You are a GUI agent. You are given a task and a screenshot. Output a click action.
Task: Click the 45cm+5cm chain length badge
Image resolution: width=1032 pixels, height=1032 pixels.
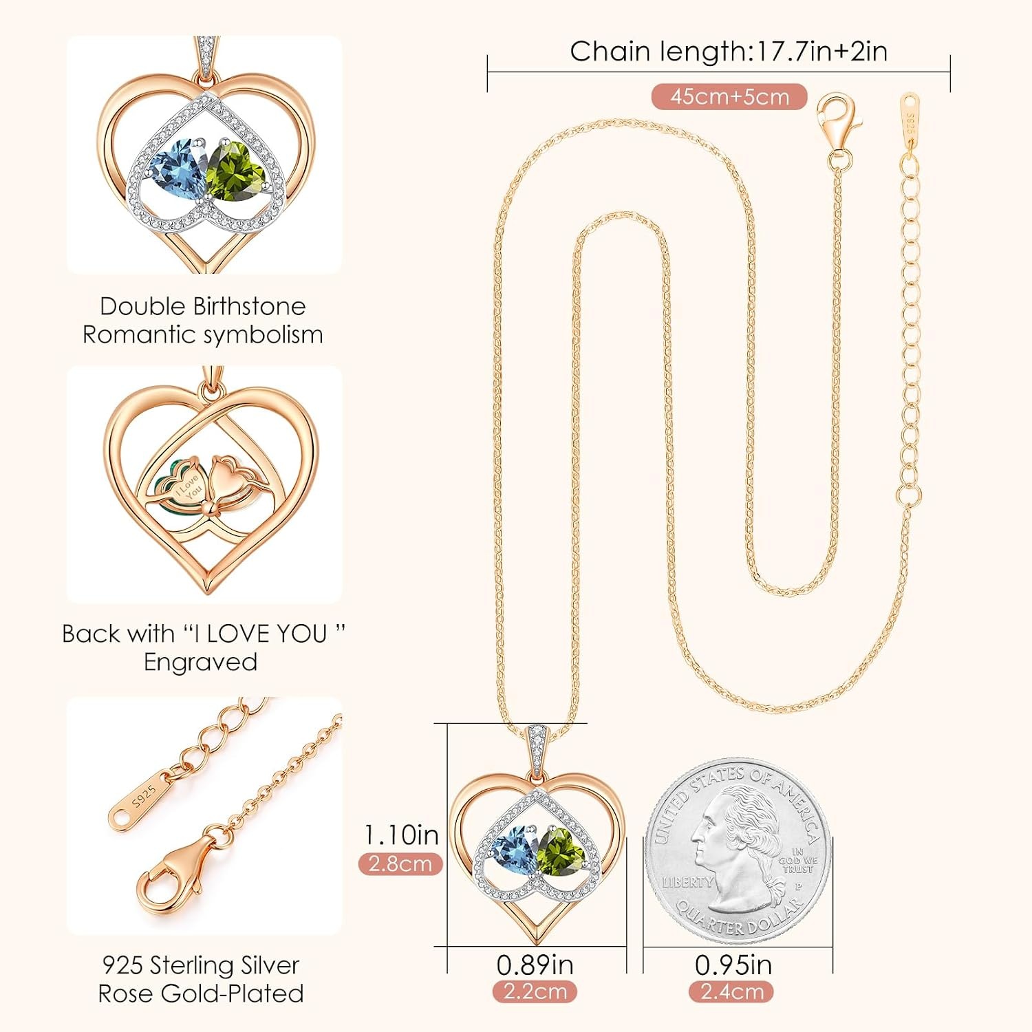(x=729, y=97)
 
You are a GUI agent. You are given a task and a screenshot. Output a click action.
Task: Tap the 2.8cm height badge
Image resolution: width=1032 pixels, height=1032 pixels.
(x=400, y=864)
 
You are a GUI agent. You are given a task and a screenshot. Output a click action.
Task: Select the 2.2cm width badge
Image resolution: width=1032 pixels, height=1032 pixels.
(x=535, y=991)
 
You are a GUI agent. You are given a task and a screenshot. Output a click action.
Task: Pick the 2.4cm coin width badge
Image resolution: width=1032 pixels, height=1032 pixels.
(x=731, y=991)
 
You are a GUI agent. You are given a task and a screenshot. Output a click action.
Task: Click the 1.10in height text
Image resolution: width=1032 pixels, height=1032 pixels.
(x=401, y=835)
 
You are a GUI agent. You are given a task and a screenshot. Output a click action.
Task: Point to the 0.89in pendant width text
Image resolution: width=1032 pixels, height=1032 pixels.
(x=535, y=965)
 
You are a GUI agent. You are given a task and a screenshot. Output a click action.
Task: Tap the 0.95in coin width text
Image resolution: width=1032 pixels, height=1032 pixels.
(x=733, y=965)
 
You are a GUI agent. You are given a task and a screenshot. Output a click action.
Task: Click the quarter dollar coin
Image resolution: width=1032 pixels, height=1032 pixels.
(x=738, y=852)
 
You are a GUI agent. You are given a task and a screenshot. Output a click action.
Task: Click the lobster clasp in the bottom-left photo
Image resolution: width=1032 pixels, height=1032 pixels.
(x=172, y=874)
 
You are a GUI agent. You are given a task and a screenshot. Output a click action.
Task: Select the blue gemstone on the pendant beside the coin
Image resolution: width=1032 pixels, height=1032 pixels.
(x=510, y=850)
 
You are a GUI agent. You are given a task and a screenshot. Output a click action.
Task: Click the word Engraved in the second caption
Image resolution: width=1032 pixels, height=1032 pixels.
(x=200, y=662)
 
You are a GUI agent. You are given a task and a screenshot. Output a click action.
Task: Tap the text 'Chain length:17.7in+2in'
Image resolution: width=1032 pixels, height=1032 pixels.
(x=729, y=52)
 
